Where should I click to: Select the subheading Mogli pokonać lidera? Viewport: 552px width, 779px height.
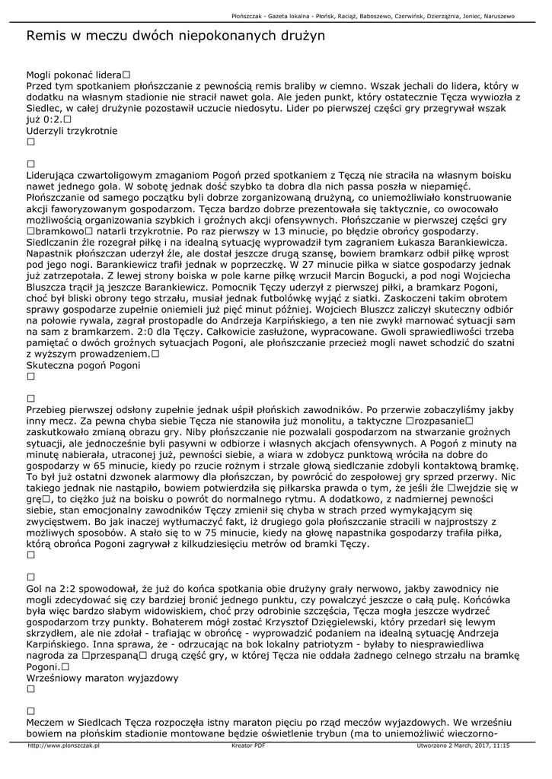click(x=74, y=75)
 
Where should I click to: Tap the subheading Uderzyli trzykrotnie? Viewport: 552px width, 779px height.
click(x=72, y=130)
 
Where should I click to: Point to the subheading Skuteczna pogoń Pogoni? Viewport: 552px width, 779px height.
click(x=83, y=365)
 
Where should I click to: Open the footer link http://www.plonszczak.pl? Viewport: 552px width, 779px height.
click(x=64, y=746)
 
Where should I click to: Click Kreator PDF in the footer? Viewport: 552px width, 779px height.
click(x=248, y=746)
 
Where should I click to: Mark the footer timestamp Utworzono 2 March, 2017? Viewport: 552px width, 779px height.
click(x=463, y=746)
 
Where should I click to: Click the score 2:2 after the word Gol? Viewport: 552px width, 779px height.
click(x=56, y=588)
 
